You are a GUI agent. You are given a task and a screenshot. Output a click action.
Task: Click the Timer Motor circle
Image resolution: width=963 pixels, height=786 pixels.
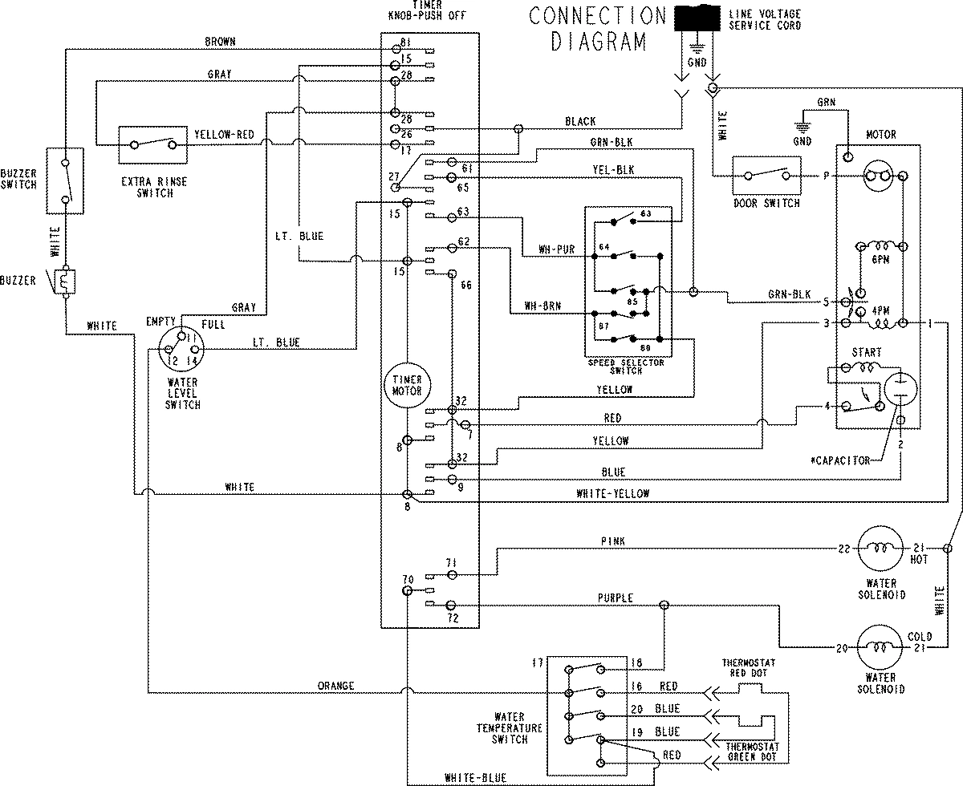pyautogui.click(x=407, y=384)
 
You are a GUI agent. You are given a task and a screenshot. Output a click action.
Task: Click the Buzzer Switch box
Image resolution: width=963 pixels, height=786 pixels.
pyautogui.click(x=65, y=180)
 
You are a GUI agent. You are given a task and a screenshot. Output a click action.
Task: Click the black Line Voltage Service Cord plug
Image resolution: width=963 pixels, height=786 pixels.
pyautogui.click(x=699, y=18)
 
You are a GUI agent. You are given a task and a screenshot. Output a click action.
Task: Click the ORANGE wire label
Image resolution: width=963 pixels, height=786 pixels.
pyautogui.click(x=335, y=686)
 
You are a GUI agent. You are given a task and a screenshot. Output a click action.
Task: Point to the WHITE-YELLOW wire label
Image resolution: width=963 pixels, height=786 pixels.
pyautogui.click(x=613, y=494)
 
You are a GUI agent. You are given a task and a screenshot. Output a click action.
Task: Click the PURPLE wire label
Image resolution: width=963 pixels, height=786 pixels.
pyautogui.click(x=616, y=598)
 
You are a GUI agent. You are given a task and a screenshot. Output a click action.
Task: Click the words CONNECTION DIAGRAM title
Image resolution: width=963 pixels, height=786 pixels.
pyautogui.click(x=599, y=29)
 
